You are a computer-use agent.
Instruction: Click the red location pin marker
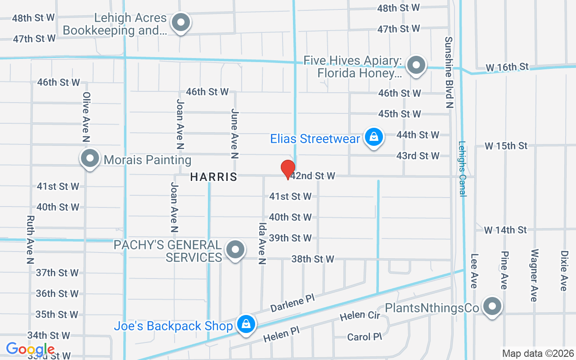pyautogui.click(x=288, y=169)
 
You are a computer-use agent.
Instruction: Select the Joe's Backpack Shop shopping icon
pyautogui.click(x=246, y=324)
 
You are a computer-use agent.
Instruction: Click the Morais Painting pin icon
pyautogui.click(x=90, y=158)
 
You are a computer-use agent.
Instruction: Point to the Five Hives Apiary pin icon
pyautogui.click(x=416, y=66)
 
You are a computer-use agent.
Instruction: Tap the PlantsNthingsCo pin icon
pyautogui.click(x=492, y=307)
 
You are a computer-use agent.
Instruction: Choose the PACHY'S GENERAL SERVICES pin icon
pyautogui.click(x=234, y=250)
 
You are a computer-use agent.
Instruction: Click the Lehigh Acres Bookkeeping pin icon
pyautogui.click(x=181, y=22)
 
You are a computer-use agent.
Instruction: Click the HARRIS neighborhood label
pyautogui.click(x=214, y=177)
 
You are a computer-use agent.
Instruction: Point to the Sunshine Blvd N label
pyautogui.click(x=449, y=72)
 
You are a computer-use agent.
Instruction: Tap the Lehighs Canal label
pyautogui.click(x=462, y=169)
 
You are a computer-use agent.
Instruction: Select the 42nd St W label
pyautogui.click(x=313, y=176)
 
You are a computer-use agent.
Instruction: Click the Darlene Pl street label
pyautogui.click(x=292, y=303)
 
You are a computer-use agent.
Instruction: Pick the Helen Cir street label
pyautogui.click(x=360, y=315)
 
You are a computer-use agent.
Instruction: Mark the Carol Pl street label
pyautogui.click(x=364, y=337)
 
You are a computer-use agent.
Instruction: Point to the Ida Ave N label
pyautogui.click(x=262, y=243)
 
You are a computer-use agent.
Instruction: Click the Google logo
pyautogui.click(x=31, y=349)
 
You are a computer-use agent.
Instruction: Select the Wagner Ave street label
pyautogui.click(x=534, y=275)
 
